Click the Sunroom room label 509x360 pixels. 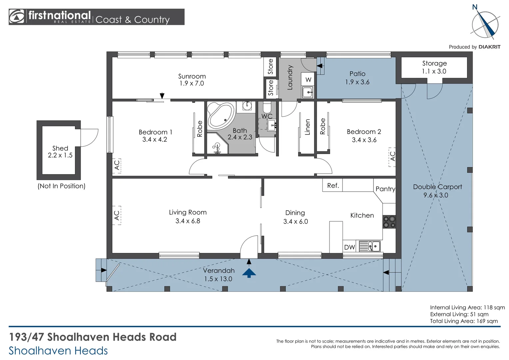click(x=192, y=76)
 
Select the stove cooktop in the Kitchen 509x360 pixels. click(x=389, y=222)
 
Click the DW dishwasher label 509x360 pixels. click(x=349, y=247)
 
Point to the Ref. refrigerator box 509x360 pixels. click(x=332, y=185)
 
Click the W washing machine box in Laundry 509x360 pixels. click(x=308, y=79)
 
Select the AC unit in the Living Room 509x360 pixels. click(x=117, y=215)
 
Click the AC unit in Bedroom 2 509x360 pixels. click(x=392, y=157)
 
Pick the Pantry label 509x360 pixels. click(x=385, y=189)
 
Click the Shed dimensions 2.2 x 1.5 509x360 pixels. click(x=60, y=155)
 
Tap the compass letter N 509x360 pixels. click(x=475, y=7)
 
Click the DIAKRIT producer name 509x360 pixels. click(x=489, y=47)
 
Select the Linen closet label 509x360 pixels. click(x=307, y=127)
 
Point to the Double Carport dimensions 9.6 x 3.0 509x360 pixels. click(x=436, y=195)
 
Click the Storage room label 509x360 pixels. click(x=434, y=63)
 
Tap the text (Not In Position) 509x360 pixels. click(x=61, y=186)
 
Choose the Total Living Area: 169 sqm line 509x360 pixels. click(x=464, y=321)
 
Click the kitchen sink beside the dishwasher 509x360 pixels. click(x=369, y=246)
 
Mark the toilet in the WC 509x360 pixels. click(x=267, y=107)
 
